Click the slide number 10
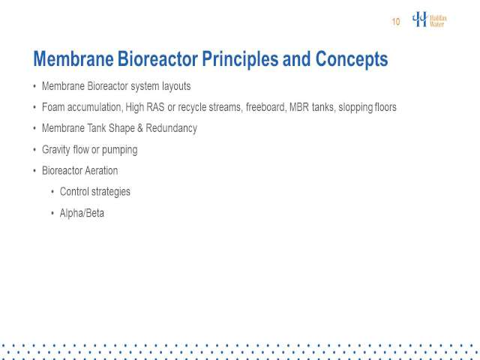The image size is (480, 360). pyautogui.click(x=396, y=22)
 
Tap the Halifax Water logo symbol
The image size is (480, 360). pyautogui.click(x=420, y=19)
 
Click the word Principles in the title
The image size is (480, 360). pyautogui.click(x=240, y=59)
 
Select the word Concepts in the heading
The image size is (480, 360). pyautogui.click(x=352, y=58)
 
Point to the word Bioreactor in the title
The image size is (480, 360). pyautogui.click(x=157, y=58)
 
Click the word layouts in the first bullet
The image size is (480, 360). pyautogui.click(x=176, y=87)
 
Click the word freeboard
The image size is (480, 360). pyautogui.click(x=265, y=107)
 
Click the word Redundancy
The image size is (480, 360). pyautogui.click(x=172, y=128)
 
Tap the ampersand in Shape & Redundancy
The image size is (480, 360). pyautogui.click(x=140, y=128)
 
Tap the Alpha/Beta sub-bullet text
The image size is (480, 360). pyautogui.click(x=82, y=213)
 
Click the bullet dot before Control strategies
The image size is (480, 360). pyautogui.click(x=52, y=192)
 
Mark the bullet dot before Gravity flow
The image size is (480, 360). pyautogui.click(x=34, y=150)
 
